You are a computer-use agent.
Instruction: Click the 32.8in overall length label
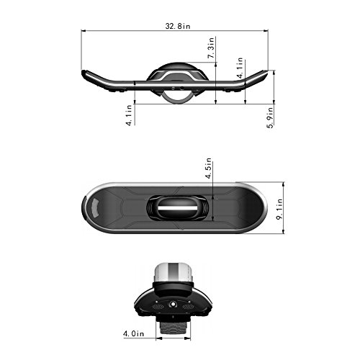pyautogui.click(x=178, y=26)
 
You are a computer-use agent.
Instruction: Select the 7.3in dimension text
pyautogui.click(x=211, y=48)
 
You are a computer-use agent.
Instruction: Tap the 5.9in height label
pyautogui.click(x=271, y=117)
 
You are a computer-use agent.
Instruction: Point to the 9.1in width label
pyautogui.click(x=279, y=209)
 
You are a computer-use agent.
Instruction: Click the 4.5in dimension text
pyautogui.click(x=208, y=168)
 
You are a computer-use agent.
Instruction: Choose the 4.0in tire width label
pyautogui.click(x=133, y=333)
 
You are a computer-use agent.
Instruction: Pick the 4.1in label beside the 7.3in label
pyautogui.click(x=240, y=68)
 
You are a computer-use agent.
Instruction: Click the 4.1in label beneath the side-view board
pyautogui.click(x=129, y=115)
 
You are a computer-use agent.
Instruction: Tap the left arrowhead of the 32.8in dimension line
pyautogui.click(x=84, y=31)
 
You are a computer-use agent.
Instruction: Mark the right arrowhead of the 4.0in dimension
pyautogui.click(x=188, y=338)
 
